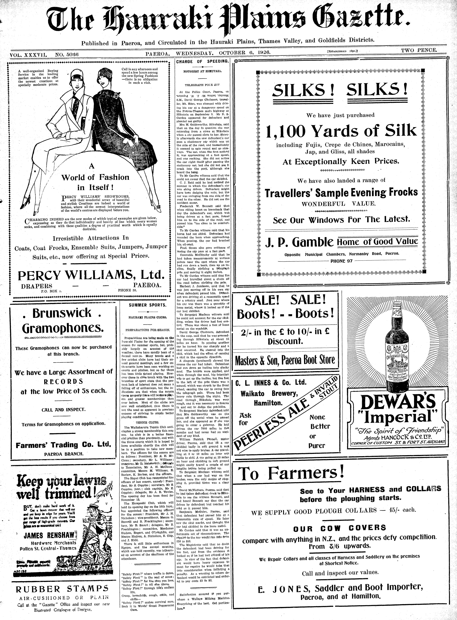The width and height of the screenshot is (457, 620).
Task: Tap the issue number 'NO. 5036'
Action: [67, 55]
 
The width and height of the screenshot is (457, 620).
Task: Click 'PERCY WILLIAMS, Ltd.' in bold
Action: [91, 275]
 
